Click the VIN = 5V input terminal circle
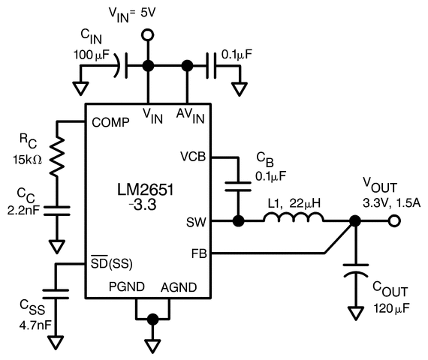(x=149, y=34)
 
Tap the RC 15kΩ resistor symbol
(x=56, y=157)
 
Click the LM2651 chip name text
(x=147, y=190)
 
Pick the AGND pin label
(x=179, y=288)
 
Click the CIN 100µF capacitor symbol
(x=122, y=66)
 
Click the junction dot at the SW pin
(x=239, y=221)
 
